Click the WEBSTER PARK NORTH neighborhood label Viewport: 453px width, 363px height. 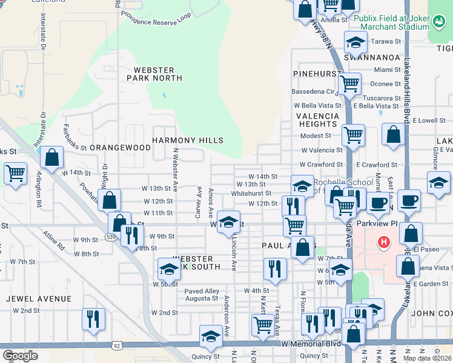[154, 74]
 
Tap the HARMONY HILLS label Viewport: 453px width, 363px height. [187, 140]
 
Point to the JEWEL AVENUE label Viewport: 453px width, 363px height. [39, 299]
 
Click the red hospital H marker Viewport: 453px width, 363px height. [383, 243]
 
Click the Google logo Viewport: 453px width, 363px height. [20, 356]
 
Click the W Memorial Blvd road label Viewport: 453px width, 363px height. [311, 344]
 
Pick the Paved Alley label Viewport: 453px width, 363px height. [202, 292]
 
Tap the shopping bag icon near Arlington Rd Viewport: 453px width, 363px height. [52, 157]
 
